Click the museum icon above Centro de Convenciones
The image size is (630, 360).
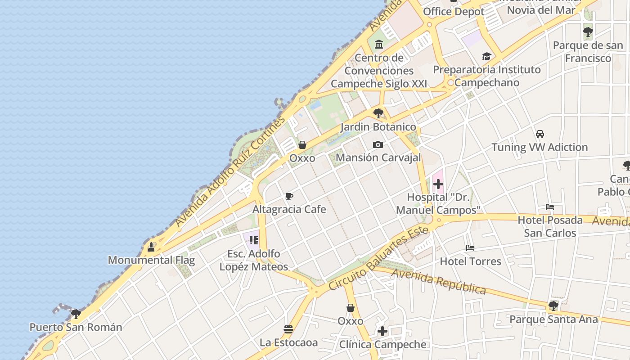pyautogui.click(x=378, y=45)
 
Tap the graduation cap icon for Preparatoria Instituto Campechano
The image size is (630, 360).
pyautogui.click(x=486, y=56)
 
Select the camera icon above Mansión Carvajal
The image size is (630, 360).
pyautogui.click(x=378, y=144)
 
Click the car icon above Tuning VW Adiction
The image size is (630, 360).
pyautogui.click(x=540, y=134)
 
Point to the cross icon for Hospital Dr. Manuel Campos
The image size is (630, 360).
pyautogui.click(x=438, y=184)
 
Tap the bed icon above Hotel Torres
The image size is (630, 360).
pyautogui.click(x=470, y=248)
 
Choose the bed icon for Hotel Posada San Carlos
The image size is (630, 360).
pyautogui.click(x=549, y=207)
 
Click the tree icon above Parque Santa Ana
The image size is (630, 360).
pyautogui.click(x=553, y=306)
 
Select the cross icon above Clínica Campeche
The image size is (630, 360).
pyautogui.click(x=382, y=331)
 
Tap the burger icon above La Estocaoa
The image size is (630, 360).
pyautogui.click(x=288, y=329)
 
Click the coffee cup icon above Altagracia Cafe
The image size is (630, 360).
pyautogui.click(x=289, y=196)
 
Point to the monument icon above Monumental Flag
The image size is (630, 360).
pyautogui.click(x=151, y=247)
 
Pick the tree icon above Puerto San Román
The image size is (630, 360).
pyautogui.click(x=76, y=314)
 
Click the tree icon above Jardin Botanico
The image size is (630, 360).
pyautogui.click(x=378, y=113)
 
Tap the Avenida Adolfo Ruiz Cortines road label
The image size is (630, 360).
pyautogui.click(x=230, y=172)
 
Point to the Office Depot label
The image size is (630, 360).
pyautogui.click(x=454, y=12)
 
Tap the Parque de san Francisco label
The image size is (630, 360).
pyautogui.click(x=588, y=52)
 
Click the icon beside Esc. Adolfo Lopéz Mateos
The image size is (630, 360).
pyautogui.click(x=254, y=240)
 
